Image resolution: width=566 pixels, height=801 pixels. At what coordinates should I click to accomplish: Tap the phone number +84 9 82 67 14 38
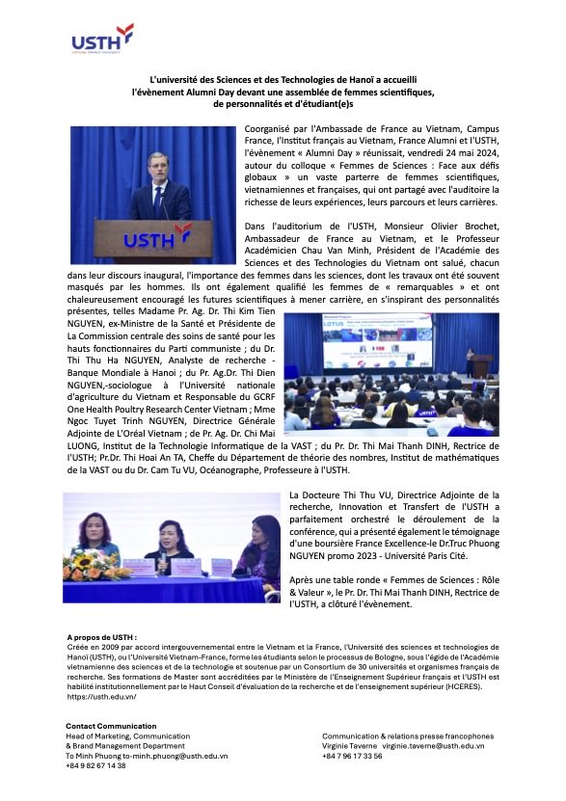point(95,765)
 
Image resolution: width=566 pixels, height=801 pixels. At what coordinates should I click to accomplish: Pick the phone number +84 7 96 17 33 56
point(352,756)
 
